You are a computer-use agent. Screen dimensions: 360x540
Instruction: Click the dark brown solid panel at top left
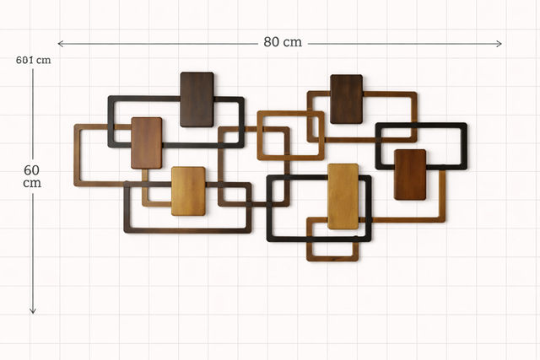pos(197,99)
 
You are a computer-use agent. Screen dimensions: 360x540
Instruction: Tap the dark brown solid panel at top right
pos(346,99)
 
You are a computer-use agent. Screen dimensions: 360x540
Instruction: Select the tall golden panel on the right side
pos(343,196)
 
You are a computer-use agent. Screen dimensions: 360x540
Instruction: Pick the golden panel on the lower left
pos(188,191)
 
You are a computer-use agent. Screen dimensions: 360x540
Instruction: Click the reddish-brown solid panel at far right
pos(410,175)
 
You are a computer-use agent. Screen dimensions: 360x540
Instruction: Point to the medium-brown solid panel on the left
pos(146,142)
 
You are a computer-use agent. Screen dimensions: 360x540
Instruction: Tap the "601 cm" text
pos(33,60)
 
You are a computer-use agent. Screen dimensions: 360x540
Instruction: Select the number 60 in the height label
pos(33,170)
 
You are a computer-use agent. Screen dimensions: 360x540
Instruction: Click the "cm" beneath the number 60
pos(33,183)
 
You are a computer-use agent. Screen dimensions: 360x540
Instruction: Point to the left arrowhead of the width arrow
pos(60,43)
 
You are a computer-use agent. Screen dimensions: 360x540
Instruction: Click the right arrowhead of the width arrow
pos(500,43)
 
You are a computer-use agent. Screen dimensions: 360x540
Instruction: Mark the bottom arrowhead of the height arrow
pos(33,311)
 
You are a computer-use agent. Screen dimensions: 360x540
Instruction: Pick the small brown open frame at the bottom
pos(332,257)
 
